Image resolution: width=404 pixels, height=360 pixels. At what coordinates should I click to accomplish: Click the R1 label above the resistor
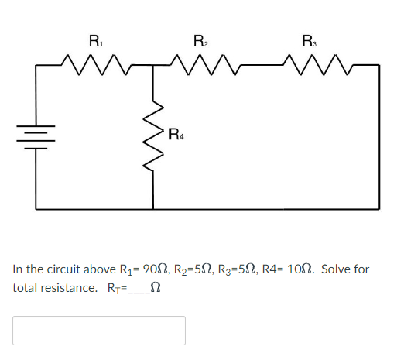pos(95,40)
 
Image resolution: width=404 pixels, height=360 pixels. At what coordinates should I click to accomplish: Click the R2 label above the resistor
pos(199,40)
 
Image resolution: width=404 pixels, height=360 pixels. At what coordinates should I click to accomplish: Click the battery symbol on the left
pos(37,137)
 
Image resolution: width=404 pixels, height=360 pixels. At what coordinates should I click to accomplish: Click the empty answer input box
pos(99,331)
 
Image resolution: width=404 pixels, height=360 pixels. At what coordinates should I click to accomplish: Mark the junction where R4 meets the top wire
pos(154,67)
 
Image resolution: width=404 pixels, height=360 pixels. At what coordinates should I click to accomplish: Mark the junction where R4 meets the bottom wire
pos(154,209)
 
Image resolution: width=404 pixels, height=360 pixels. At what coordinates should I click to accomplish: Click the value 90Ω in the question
pos(158,269)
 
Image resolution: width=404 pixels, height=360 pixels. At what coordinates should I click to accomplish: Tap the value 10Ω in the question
pos(299,269)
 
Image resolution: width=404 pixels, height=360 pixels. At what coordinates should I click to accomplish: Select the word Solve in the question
pos(337,269)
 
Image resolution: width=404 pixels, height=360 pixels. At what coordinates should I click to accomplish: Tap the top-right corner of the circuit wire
pos(379,67)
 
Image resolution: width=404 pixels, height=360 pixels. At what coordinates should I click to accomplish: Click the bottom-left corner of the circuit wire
pos(37,209)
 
